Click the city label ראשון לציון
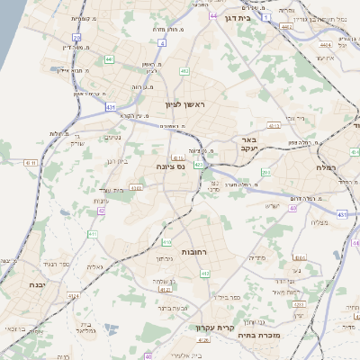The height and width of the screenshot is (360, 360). point(185,104)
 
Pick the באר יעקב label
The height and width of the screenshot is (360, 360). point(249,144)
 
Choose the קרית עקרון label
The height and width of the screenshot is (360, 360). point(213,328)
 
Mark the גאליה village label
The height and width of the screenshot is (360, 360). point(95,266)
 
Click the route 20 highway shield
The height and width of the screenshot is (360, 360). point(77,38)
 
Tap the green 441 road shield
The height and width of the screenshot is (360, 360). point(109,58)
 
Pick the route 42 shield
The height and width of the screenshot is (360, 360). point(102,211)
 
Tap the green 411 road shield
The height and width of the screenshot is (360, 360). point(92,234)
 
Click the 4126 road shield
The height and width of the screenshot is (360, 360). point(202,340)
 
